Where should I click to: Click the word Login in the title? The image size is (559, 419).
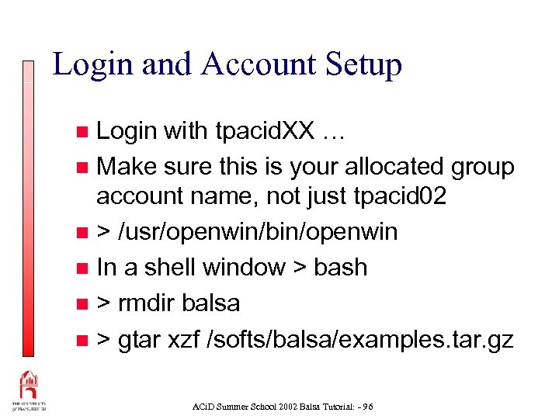[x=83, y=64]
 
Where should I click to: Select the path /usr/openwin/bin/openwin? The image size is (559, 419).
[x=258, y=232]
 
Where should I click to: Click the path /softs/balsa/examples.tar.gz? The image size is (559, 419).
[x=360, y=338]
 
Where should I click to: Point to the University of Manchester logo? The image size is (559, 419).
[x=29, y=392]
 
